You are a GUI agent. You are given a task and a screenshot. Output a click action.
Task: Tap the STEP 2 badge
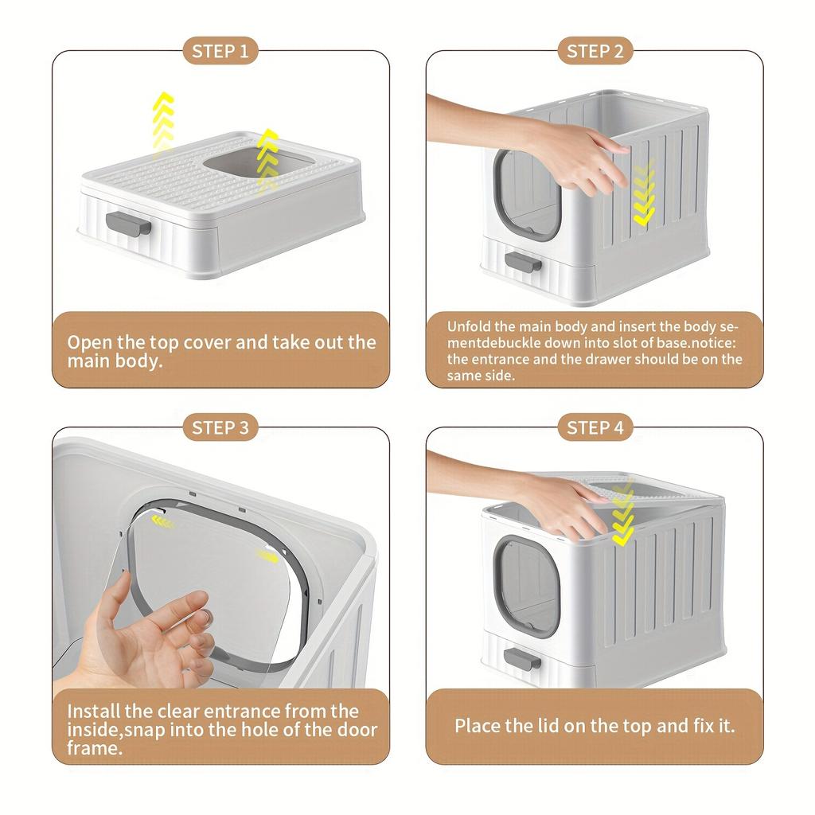click(595, 53)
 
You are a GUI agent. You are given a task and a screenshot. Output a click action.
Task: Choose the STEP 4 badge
click(595, 428)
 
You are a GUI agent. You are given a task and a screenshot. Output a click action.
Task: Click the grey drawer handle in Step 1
click(129, 224)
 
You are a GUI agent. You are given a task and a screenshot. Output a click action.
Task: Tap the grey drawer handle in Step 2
click(523, 262)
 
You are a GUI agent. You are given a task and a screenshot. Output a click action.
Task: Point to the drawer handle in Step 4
click(523, 657)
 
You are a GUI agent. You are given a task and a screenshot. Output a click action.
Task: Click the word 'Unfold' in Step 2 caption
click(469, 326)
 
